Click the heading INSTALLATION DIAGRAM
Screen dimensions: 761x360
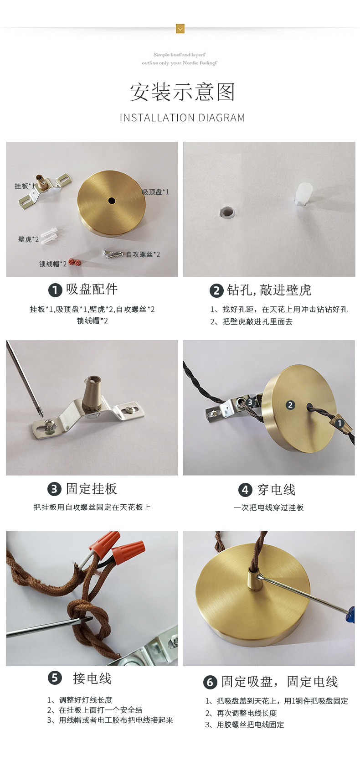(x=182, y=118)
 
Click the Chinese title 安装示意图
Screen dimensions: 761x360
(x=182, y=92)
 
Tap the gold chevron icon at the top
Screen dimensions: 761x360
(x=180, y=29)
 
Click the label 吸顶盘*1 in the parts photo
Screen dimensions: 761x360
(x=155, y=192)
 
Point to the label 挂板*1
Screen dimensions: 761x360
(x=25, y=186)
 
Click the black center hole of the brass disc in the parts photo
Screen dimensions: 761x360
(x=112, y=201)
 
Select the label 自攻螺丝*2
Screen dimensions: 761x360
(x=143, y=254)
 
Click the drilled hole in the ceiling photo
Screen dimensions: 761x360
(x=226, y=212)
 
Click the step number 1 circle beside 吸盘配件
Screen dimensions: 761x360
(x=55, y=290)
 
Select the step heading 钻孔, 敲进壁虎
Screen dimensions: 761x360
(x=269, y=290)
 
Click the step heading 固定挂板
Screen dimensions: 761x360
(x=92, y=489)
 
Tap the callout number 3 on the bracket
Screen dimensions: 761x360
(x=250, y=402)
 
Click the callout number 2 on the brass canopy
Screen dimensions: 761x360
(x=290, y=405)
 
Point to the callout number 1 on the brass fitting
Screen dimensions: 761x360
(x=339, y=423)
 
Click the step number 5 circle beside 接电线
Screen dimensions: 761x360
(x=55, y=678)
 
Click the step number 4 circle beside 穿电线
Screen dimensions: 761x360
(x=245, y=490)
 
